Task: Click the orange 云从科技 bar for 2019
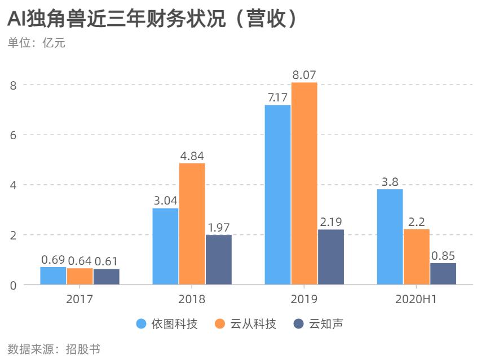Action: (x=304, y=184)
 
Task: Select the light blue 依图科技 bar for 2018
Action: (x=165, y=246)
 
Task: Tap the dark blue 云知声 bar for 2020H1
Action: (x=443, y=274)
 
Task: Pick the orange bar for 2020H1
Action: (x=416, y=257)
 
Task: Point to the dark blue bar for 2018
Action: (x=218, y=260)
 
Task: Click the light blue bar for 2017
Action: (x=53, y=275)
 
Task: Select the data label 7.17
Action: (x=277, y=97)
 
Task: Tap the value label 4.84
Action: (x=192, y=155)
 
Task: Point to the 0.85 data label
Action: (x=443, y=255)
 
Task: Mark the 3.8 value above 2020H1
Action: (x=390, y=181)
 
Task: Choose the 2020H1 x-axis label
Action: (x=416, y=299)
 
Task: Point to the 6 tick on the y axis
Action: (x=12, y=135)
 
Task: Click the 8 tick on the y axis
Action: (x=12, y=85)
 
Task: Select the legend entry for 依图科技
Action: (x=167, y=324)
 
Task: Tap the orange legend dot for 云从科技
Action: (x=220, y=324)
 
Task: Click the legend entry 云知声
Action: (x=319, y=324)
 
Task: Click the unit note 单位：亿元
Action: (x=37, y=43)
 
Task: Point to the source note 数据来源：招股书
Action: (x=54, y=349)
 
